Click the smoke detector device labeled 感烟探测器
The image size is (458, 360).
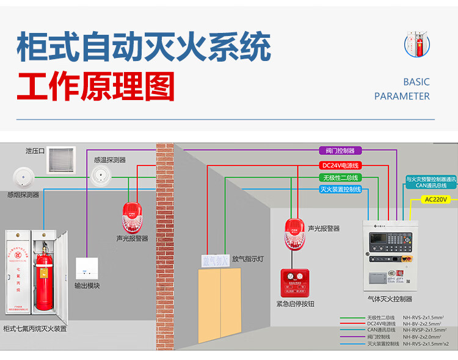[23, 178]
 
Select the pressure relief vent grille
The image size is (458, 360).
[61, 159]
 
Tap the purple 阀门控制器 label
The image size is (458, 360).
[340, 151]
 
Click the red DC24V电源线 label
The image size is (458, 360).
[340, 165]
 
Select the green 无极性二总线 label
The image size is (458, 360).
[340, 178]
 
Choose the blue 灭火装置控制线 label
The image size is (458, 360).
[340, 190]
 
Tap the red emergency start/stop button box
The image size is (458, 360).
[295, 283]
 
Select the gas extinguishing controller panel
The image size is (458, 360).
[388, 256]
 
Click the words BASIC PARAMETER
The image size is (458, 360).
[402, 89]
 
